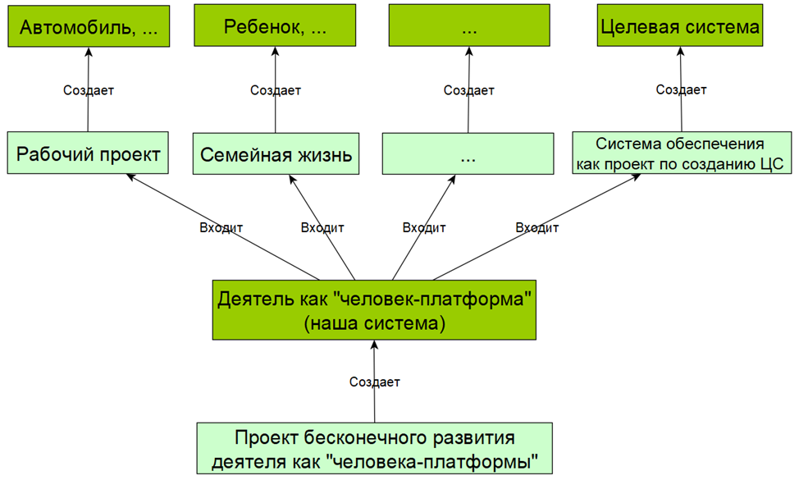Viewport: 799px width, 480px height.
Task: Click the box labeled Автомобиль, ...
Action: [x=89, y=28]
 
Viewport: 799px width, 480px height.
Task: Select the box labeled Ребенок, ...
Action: [x=275, y=28]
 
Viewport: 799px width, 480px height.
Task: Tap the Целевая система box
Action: [x=681, y=28]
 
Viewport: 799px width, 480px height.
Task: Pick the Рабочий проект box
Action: [x=89, y=154]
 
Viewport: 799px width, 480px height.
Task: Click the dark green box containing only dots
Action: [x=470, y=28]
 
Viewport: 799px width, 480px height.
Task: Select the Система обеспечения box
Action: [x=681, y=153]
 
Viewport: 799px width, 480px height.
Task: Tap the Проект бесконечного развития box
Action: [x=374, y=448]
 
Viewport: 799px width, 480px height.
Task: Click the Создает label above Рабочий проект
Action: [x=89, y=90]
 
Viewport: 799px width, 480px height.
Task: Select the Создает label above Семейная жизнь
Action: [x=276, y=90]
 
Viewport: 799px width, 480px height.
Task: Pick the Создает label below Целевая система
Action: [x=681, y=90]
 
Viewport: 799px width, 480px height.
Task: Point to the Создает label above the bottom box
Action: [x=375, y=382]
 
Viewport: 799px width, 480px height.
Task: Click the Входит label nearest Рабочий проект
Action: [x=221, y=227]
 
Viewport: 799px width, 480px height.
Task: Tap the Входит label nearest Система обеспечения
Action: [x=537, y=227]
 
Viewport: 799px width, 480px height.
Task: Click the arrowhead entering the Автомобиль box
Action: [x=89, y=51]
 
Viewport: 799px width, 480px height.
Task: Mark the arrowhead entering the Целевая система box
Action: [x=680, y=51]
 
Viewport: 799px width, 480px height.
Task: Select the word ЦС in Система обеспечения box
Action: [x=770, y=163]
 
